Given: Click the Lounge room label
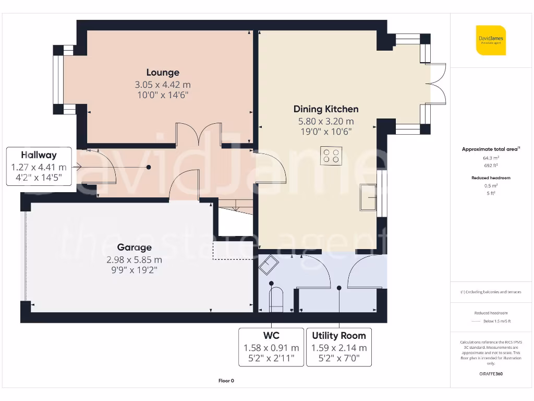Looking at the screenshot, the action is pos(163,73).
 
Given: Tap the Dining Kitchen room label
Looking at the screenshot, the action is pos(326,109).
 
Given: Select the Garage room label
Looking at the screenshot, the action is pos(134,247).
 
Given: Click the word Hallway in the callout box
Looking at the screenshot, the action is pos(39,155).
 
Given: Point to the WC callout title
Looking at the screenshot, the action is pos(271,336).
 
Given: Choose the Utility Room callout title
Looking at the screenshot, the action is pos(339,336).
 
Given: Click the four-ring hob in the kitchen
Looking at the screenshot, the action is pos(331,156).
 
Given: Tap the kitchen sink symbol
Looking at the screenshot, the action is pos(368,197).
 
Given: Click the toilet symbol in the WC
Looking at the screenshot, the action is pos(276,299).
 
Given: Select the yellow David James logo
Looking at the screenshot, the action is pos(491,40).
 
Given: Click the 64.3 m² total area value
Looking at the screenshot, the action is pos(491,158).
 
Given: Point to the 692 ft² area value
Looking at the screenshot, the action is pos(491,166).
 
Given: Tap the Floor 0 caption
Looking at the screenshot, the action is pos(226,381).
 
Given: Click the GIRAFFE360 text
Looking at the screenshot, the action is pos(491,374).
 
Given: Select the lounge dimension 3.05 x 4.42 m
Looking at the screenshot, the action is pos(163,85).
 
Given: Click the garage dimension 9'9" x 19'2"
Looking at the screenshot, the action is pos(134,270).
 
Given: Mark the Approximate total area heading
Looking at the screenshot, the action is pos(491,149).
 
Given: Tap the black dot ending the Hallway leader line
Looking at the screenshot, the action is pos(149,167).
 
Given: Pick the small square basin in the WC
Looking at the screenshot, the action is pos(269,265).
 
